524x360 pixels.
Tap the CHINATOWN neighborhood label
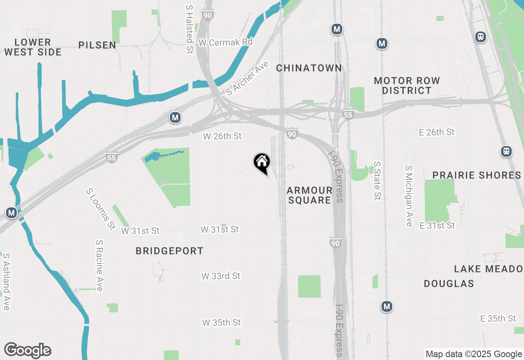pos(309,68)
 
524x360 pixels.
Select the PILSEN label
pos(97,45)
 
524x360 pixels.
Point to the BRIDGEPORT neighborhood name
pos(169,251)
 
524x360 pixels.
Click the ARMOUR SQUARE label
pos(309,195)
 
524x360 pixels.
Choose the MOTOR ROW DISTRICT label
pos(407,85)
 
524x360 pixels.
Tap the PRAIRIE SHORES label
pos(477,175)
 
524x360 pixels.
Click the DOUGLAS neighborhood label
pos(449,283)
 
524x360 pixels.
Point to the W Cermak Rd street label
pos(226,42)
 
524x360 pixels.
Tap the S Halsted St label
pos(190,29)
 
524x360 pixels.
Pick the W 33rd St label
pos(221,276)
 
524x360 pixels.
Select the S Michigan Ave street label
pos(409,196)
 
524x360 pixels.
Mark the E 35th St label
pos(498,318)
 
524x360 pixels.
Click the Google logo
pos(27,351)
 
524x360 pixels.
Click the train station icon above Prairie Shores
pos(506,151)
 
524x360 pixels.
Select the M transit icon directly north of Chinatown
pos(337,29)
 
